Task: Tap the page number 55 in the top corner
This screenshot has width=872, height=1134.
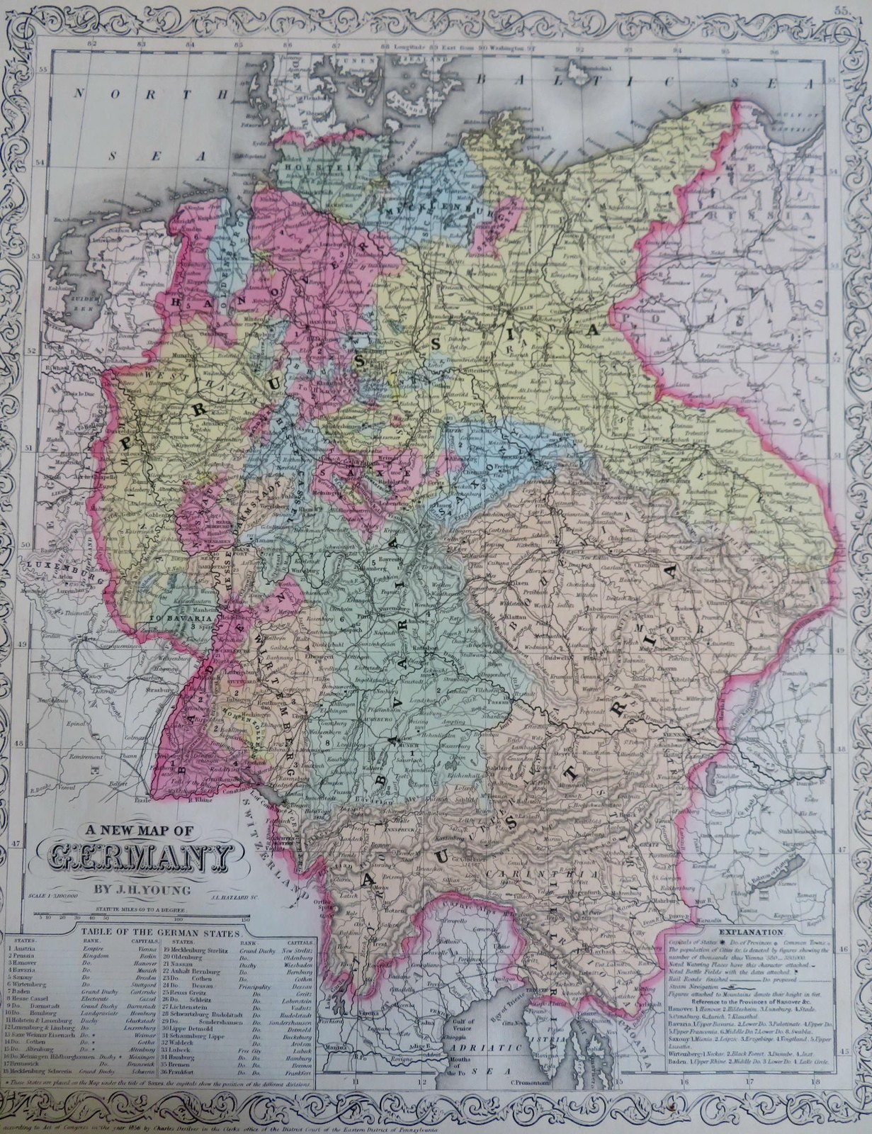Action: click(841, 10)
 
